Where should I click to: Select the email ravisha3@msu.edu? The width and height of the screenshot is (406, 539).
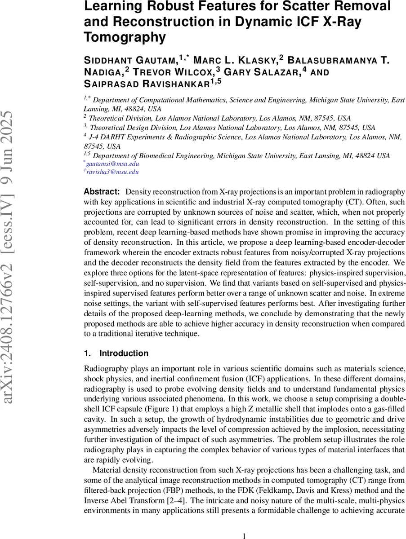[113, 172]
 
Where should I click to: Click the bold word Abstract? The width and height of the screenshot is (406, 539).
[102, 191]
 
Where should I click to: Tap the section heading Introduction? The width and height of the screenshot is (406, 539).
[124, 353]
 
